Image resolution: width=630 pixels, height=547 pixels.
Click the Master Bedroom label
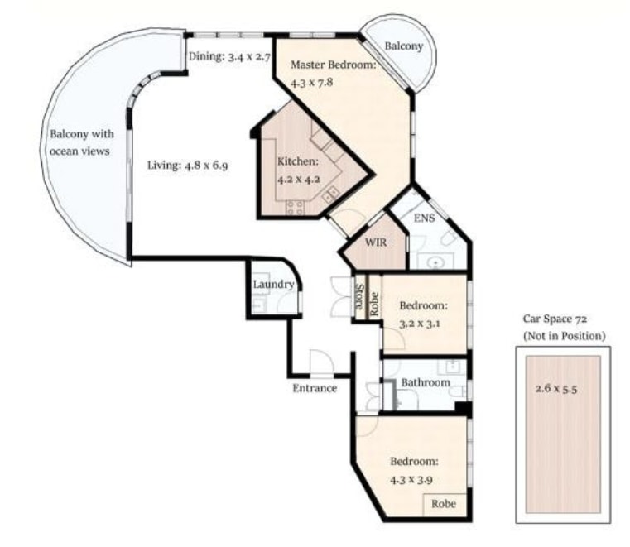click(333, 65)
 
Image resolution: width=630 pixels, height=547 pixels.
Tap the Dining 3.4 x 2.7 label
click(229, 56)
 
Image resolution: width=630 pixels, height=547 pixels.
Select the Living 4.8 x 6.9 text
click(188, 165)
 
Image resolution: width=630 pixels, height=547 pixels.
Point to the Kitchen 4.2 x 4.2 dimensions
click(299, 179)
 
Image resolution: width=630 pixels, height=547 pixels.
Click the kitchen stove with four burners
click(296, 208)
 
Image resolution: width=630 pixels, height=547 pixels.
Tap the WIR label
click(376, 242)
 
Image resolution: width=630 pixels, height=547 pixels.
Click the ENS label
click(425, 218)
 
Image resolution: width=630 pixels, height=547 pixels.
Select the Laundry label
click(274, 285)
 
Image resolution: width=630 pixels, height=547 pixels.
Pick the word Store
click(360, 296)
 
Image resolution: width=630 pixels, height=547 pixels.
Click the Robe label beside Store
click(374, 304)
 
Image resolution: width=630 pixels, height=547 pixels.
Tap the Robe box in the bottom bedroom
click(444, 504)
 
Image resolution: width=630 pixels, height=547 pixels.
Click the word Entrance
click(315, 388)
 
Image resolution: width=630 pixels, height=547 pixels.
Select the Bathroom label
click(426, 383)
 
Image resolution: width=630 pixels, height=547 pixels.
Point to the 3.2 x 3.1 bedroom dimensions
click(420, 324)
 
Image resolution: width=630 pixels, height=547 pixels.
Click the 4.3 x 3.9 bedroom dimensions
click(411, 479)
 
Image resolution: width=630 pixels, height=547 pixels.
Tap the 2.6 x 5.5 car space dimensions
click(556, 388)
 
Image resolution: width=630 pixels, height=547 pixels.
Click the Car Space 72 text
click(555, 319)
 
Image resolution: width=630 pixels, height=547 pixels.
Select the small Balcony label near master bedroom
click(404, 46)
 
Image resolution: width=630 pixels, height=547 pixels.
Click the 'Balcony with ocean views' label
click(82, 142)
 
